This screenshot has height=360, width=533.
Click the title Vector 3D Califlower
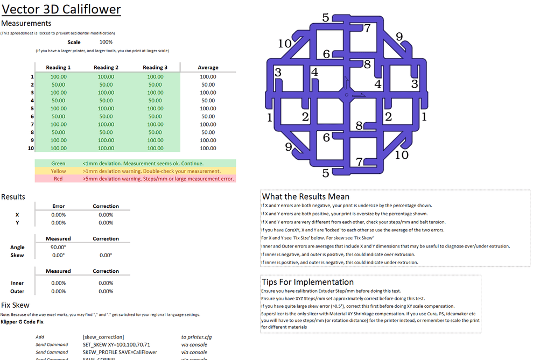click(x=61, y=9)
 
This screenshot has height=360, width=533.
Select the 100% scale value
click(x=106, y=42)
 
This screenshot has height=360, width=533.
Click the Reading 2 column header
click(x=106, y=67)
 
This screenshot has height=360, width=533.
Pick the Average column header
click(x=208, y=67)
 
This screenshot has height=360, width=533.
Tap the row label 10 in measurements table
click(x=31, y=148)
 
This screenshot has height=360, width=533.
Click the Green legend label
click(x=58, y=163)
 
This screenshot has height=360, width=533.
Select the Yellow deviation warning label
click(x=58, y=171)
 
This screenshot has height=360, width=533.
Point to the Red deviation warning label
click(x=58, y=179)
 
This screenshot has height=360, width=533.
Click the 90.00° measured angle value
click(x=58, y=248)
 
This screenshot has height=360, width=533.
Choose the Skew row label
click(x=17, y=255)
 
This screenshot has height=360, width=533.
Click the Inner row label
click(x=17, y=283)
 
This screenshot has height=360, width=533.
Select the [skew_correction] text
click(x=103, y=337)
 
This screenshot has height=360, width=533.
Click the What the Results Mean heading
click(x=305, y=196)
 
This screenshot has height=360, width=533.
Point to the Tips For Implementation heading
click(x=307, y=281)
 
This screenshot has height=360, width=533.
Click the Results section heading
click(x=13, y=196)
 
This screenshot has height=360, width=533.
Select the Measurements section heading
click(x=26, y=23)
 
